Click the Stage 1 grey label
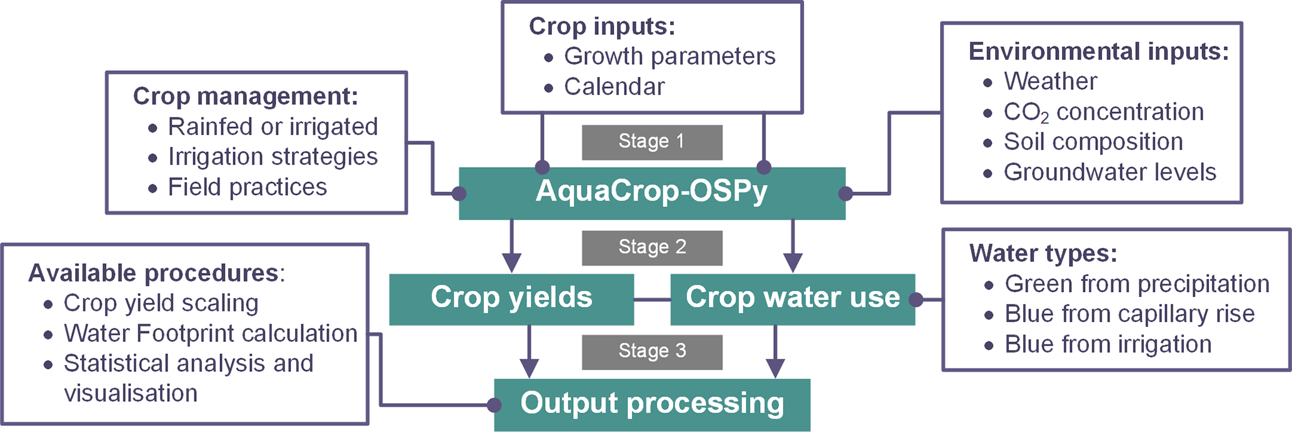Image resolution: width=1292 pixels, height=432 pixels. (652, 142)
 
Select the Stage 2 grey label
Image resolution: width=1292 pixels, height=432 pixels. (652, 248)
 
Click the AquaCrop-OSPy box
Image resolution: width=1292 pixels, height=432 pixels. (652, 193)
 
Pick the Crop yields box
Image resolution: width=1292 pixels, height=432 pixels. (511, 298)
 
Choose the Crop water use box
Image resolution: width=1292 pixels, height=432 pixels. (792, 298)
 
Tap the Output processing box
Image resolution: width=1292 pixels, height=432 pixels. (652, 404)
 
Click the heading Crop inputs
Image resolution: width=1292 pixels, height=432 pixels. (602, 26)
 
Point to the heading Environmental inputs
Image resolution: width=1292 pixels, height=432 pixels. (1098, 51)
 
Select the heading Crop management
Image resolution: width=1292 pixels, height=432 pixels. (246, 96)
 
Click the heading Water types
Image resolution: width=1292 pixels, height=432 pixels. (1043, 253)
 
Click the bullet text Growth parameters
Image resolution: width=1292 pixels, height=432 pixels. (669, 56)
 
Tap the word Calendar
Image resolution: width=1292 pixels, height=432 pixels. (614, 87)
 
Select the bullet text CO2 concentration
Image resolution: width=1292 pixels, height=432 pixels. (1103, 112)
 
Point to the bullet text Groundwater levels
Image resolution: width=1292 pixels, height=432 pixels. (1109, 172)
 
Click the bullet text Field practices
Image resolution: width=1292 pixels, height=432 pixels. (247, 187)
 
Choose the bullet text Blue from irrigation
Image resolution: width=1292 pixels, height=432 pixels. (1108, 344)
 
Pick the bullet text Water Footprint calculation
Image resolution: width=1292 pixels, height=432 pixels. (210, 334)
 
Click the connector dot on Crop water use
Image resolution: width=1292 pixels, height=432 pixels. (916, 300)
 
